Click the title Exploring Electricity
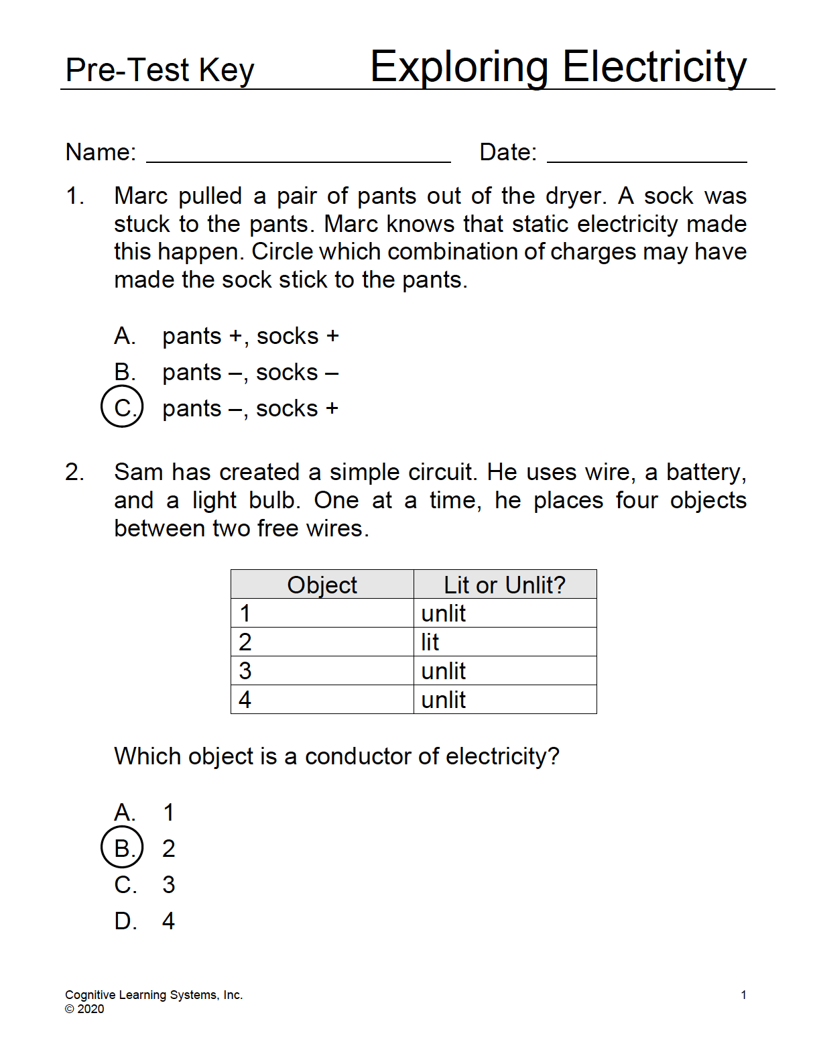tap(558, 67)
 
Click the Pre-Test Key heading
tap(160, 70)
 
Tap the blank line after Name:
tap(298, 155)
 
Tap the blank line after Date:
tap(646, 155)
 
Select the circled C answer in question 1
tap(122, 407)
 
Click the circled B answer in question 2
tap(122, 847)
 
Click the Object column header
tap(322, 585)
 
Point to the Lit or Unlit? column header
tap(504, 585)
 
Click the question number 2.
tap(74, 473)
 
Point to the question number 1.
tap(74, 196)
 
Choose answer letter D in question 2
tap(125, 921)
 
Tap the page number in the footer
tap(743, 995)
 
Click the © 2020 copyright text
tap(84, 1009)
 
